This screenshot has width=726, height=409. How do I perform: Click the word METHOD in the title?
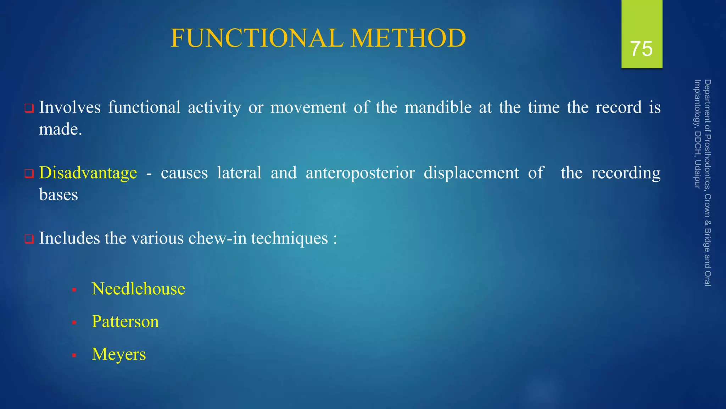coord(408,38)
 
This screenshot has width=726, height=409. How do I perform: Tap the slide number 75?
coord(641,49)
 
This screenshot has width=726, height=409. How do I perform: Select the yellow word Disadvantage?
coord(88,173)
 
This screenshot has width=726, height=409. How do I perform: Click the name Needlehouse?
coord(138,289)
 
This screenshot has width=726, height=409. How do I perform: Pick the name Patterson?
coord(125,322)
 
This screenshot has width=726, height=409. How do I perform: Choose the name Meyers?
coord(119,354)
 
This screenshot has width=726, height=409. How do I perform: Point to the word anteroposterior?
coord(360,173)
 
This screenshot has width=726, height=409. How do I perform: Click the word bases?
coord(58,195)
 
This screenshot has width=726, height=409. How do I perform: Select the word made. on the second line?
coord(60,129)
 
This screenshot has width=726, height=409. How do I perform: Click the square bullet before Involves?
coord(29,108)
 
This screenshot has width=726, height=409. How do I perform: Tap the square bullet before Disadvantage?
coord(29,174)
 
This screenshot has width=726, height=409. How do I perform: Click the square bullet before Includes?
coord(29,239)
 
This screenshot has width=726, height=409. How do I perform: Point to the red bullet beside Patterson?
coord(74,323)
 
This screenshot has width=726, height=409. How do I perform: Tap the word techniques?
coord(290,238)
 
